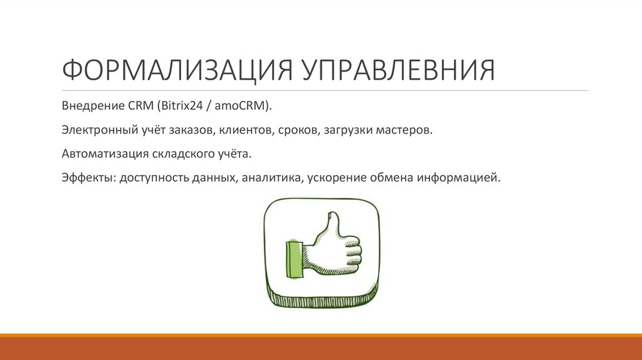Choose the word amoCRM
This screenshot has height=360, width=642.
pyautogui.click(x=242, y=106)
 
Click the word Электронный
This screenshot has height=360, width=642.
pyautogui.click(x=96, y=130)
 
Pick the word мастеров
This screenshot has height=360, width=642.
pyautogui.click(x=406, y=130)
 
